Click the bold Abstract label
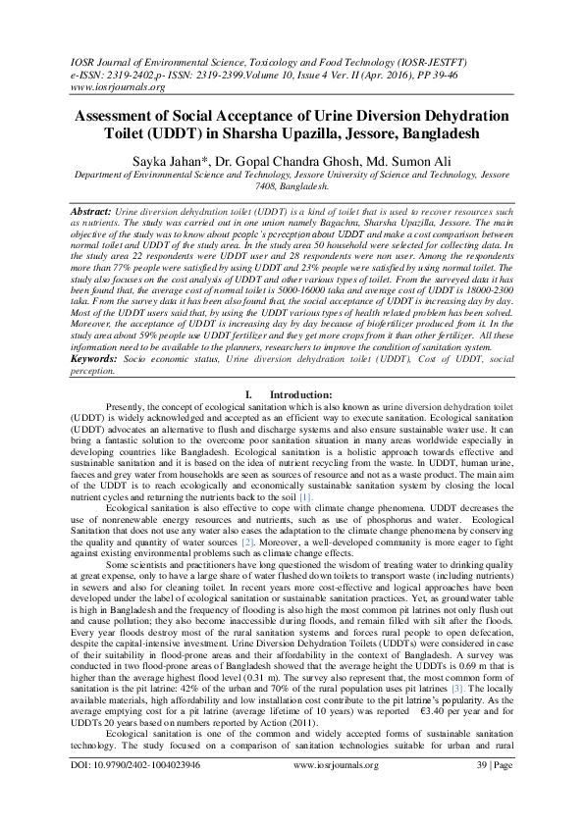tap(92, 212)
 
